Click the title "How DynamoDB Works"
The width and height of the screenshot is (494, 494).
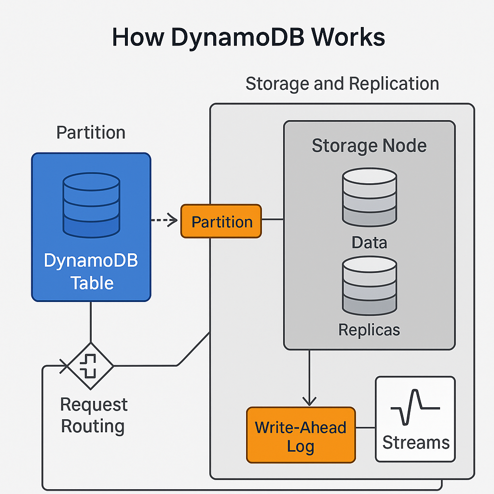click(248, 37)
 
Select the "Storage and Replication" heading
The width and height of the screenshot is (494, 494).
click(342, 83)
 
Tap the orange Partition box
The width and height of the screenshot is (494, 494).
click(221, 221)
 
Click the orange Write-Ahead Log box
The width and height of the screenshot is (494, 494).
click(301, 435)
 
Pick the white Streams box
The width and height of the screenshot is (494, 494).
click(415, 420)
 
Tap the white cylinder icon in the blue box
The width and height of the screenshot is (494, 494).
click(91, 205)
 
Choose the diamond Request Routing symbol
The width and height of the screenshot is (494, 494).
click(90, 366)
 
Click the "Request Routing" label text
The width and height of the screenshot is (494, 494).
click(94, 415)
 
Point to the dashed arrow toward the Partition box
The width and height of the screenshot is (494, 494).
click(164, 220)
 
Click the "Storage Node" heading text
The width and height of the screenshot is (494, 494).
click(369, 145)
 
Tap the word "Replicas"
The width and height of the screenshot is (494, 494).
click(369, 329)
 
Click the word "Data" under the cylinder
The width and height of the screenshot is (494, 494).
click(369, 242)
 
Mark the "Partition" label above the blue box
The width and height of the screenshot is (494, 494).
click(91, 132)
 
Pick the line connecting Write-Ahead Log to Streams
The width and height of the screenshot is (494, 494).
click(365, 427)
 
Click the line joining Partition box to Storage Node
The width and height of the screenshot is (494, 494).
click(272, 220)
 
